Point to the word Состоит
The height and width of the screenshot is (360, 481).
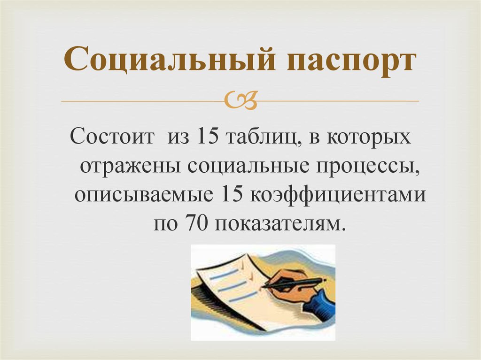112,139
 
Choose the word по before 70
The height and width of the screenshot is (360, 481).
164,223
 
